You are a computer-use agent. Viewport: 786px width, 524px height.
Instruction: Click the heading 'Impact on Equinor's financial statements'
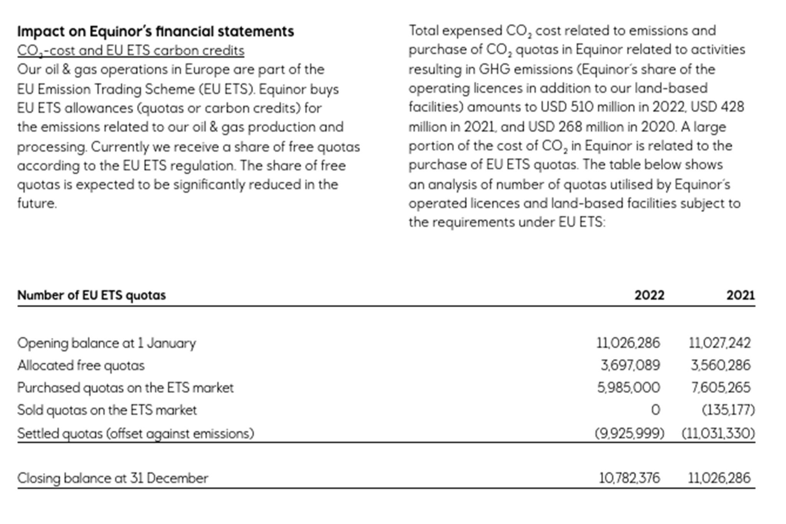pos(155,31)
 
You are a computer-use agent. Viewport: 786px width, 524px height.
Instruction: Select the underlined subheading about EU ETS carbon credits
pos(130,51)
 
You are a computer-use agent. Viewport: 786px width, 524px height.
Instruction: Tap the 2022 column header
pos(649,295)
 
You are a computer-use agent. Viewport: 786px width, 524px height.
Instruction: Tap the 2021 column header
pos(740,295)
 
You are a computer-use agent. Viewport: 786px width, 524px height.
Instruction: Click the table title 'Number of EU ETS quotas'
pos(91,295)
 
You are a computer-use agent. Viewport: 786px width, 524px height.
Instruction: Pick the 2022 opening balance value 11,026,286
pos(628,343)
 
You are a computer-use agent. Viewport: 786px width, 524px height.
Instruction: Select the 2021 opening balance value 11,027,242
pos(720,343)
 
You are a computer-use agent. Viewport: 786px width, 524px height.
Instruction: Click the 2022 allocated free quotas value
pos(630,365)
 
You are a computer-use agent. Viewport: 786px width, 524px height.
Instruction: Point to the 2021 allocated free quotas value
pos(720,365)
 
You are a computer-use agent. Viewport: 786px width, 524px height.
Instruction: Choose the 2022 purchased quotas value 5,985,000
pos(629,388)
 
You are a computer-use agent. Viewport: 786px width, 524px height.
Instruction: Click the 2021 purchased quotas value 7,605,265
pos(720,388)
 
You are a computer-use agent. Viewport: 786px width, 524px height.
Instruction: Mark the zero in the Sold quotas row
pos(656,410)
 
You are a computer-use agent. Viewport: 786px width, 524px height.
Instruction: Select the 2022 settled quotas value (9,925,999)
pos(629,433)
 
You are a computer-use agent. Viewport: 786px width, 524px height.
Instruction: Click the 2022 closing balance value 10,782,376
pos(629,478)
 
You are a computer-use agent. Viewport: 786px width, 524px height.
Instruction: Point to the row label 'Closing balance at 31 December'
pos(112,478)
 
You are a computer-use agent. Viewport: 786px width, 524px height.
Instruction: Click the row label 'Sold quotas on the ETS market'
pos(107,410)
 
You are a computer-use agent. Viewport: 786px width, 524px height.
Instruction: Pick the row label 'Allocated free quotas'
pos(81,365)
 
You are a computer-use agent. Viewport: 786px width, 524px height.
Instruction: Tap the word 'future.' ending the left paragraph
pos(37,203)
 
